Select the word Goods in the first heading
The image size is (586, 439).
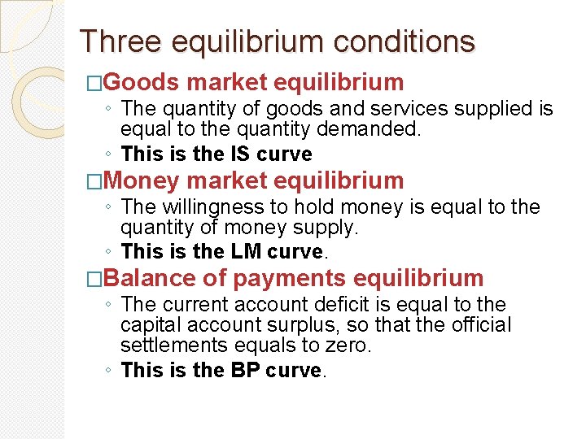pyautogui.click(x=142, y=82)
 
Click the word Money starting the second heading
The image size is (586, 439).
pyautogui.click(x=142, y=180)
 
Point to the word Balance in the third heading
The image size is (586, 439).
pyautogui.click(x=150, y=278)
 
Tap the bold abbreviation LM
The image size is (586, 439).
pyautogui.click(x=246, y=251)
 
